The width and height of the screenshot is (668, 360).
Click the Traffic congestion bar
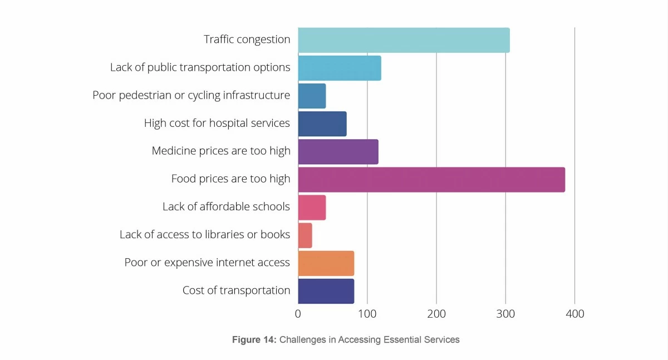[404, 40]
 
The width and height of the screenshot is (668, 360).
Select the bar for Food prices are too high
[431, 180]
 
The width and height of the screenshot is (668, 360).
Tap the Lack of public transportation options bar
[340, 68]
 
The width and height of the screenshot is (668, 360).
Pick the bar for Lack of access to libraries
[305, 235]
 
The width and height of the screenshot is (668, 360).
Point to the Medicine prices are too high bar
[338, 152]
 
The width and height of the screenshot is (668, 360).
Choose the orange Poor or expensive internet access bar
[326, 263]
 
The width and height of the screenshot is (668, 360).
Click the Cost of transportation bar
[326, 291]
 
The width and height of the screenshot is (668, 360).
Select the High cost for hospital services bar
[322, 124]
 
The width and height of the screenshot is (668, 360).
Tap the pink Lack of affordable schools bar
[312, 208]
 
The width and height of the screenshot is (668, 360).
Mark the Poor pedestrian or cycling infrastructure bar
[312, 96]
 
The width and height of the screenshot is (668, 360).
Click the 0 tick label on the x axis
[298, 314]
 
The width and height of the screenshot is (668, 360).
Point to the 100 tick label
[367, 314]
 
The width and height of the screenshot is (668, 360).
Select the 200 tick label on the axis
[436, 314]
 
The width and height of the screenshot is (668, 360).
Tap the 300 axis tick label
[505, 314]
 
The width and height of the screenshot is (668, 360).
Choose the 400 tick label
[574, 314]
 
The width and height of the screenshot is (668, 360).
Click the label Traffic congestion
[247, 40]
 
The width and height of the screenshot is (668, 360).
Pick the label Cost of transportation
[236, 290]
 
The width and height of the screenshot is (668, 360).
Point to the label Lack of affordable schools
[226, 207]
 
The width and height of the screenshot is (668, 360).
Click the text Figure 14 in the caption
[254, 339]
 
